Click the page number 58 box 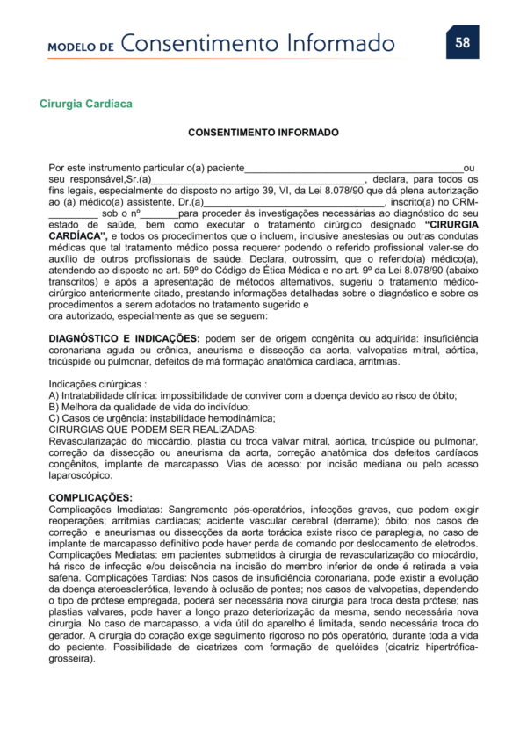[462, 42]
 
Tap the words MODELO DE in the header [81, 47]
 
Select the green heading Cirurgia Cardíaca [86, 104]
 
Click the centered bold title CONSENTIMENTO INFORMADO [263, 133]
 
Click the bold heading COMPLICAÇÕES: [90, 498]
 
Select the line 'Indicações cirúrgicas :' [97, 384]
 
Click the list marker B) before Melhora [54, 407]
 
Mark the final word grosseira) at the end [71, 658]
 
